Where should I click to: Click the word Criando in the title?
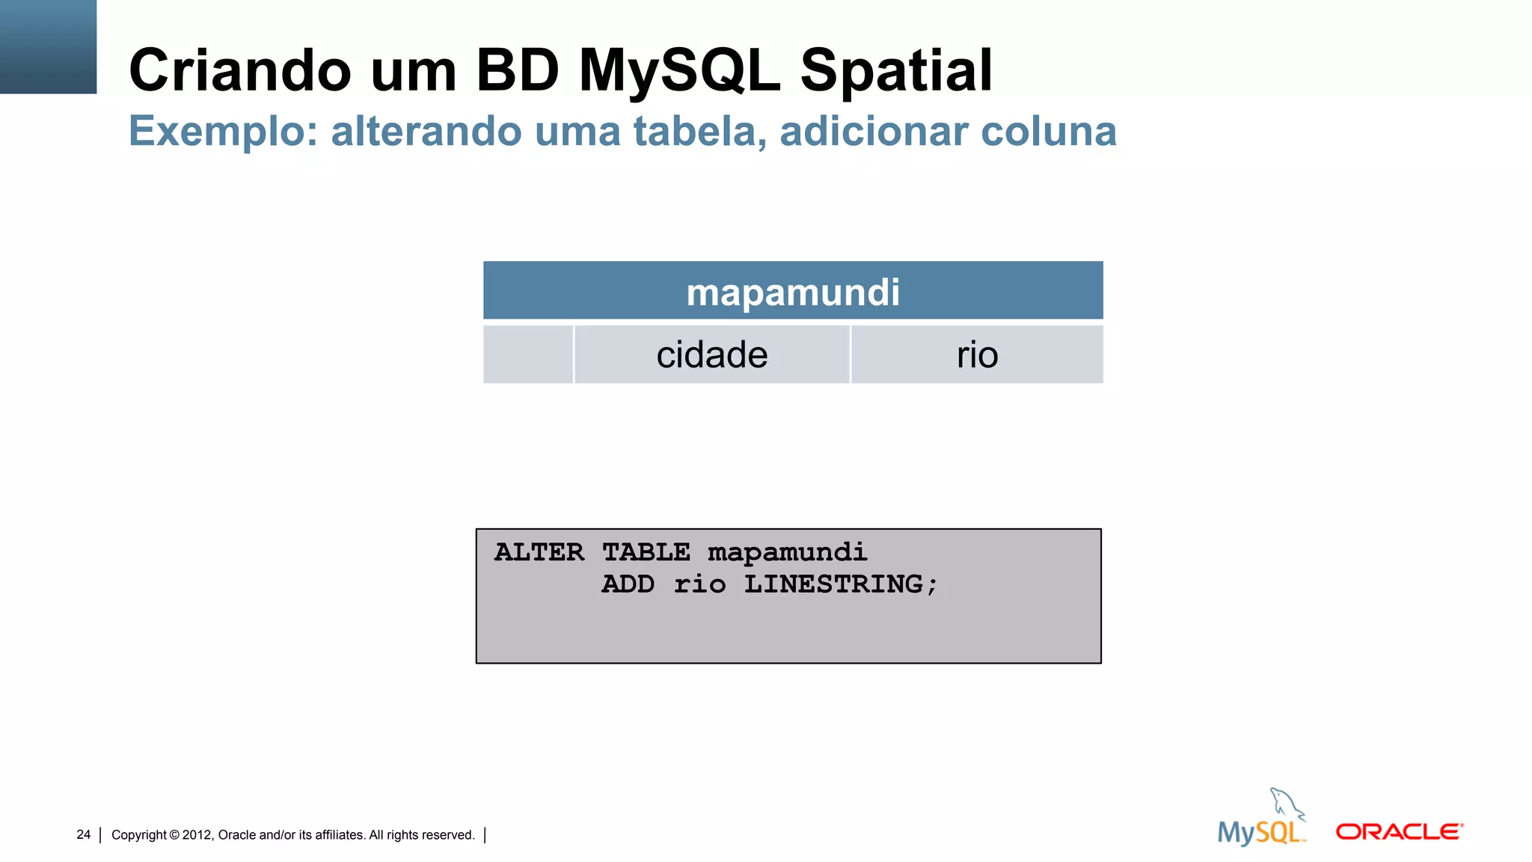[239, 70]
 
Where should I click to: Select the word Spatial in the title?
[896, 70]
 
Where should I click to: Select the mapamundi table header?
[793, 292]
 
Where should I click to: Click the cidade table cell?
[711, 355]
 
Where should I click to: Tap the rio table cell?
[977, 355]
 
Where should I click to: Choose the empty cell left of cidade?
[528, 355]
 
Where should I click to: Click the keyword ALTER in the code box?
[539, 552]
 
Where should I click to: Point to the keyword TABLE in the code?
[646, 552]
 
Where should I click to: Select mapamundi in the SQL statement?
[787, 553]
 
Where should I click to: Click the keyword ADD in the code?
[628, 584]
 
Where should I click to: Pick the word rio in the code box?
[699, 584]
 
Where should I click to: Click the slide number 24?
[83, 834]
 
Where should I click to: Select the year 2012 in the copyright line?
[197, 835]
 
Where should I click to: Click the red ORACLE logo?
[1399, 832]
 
